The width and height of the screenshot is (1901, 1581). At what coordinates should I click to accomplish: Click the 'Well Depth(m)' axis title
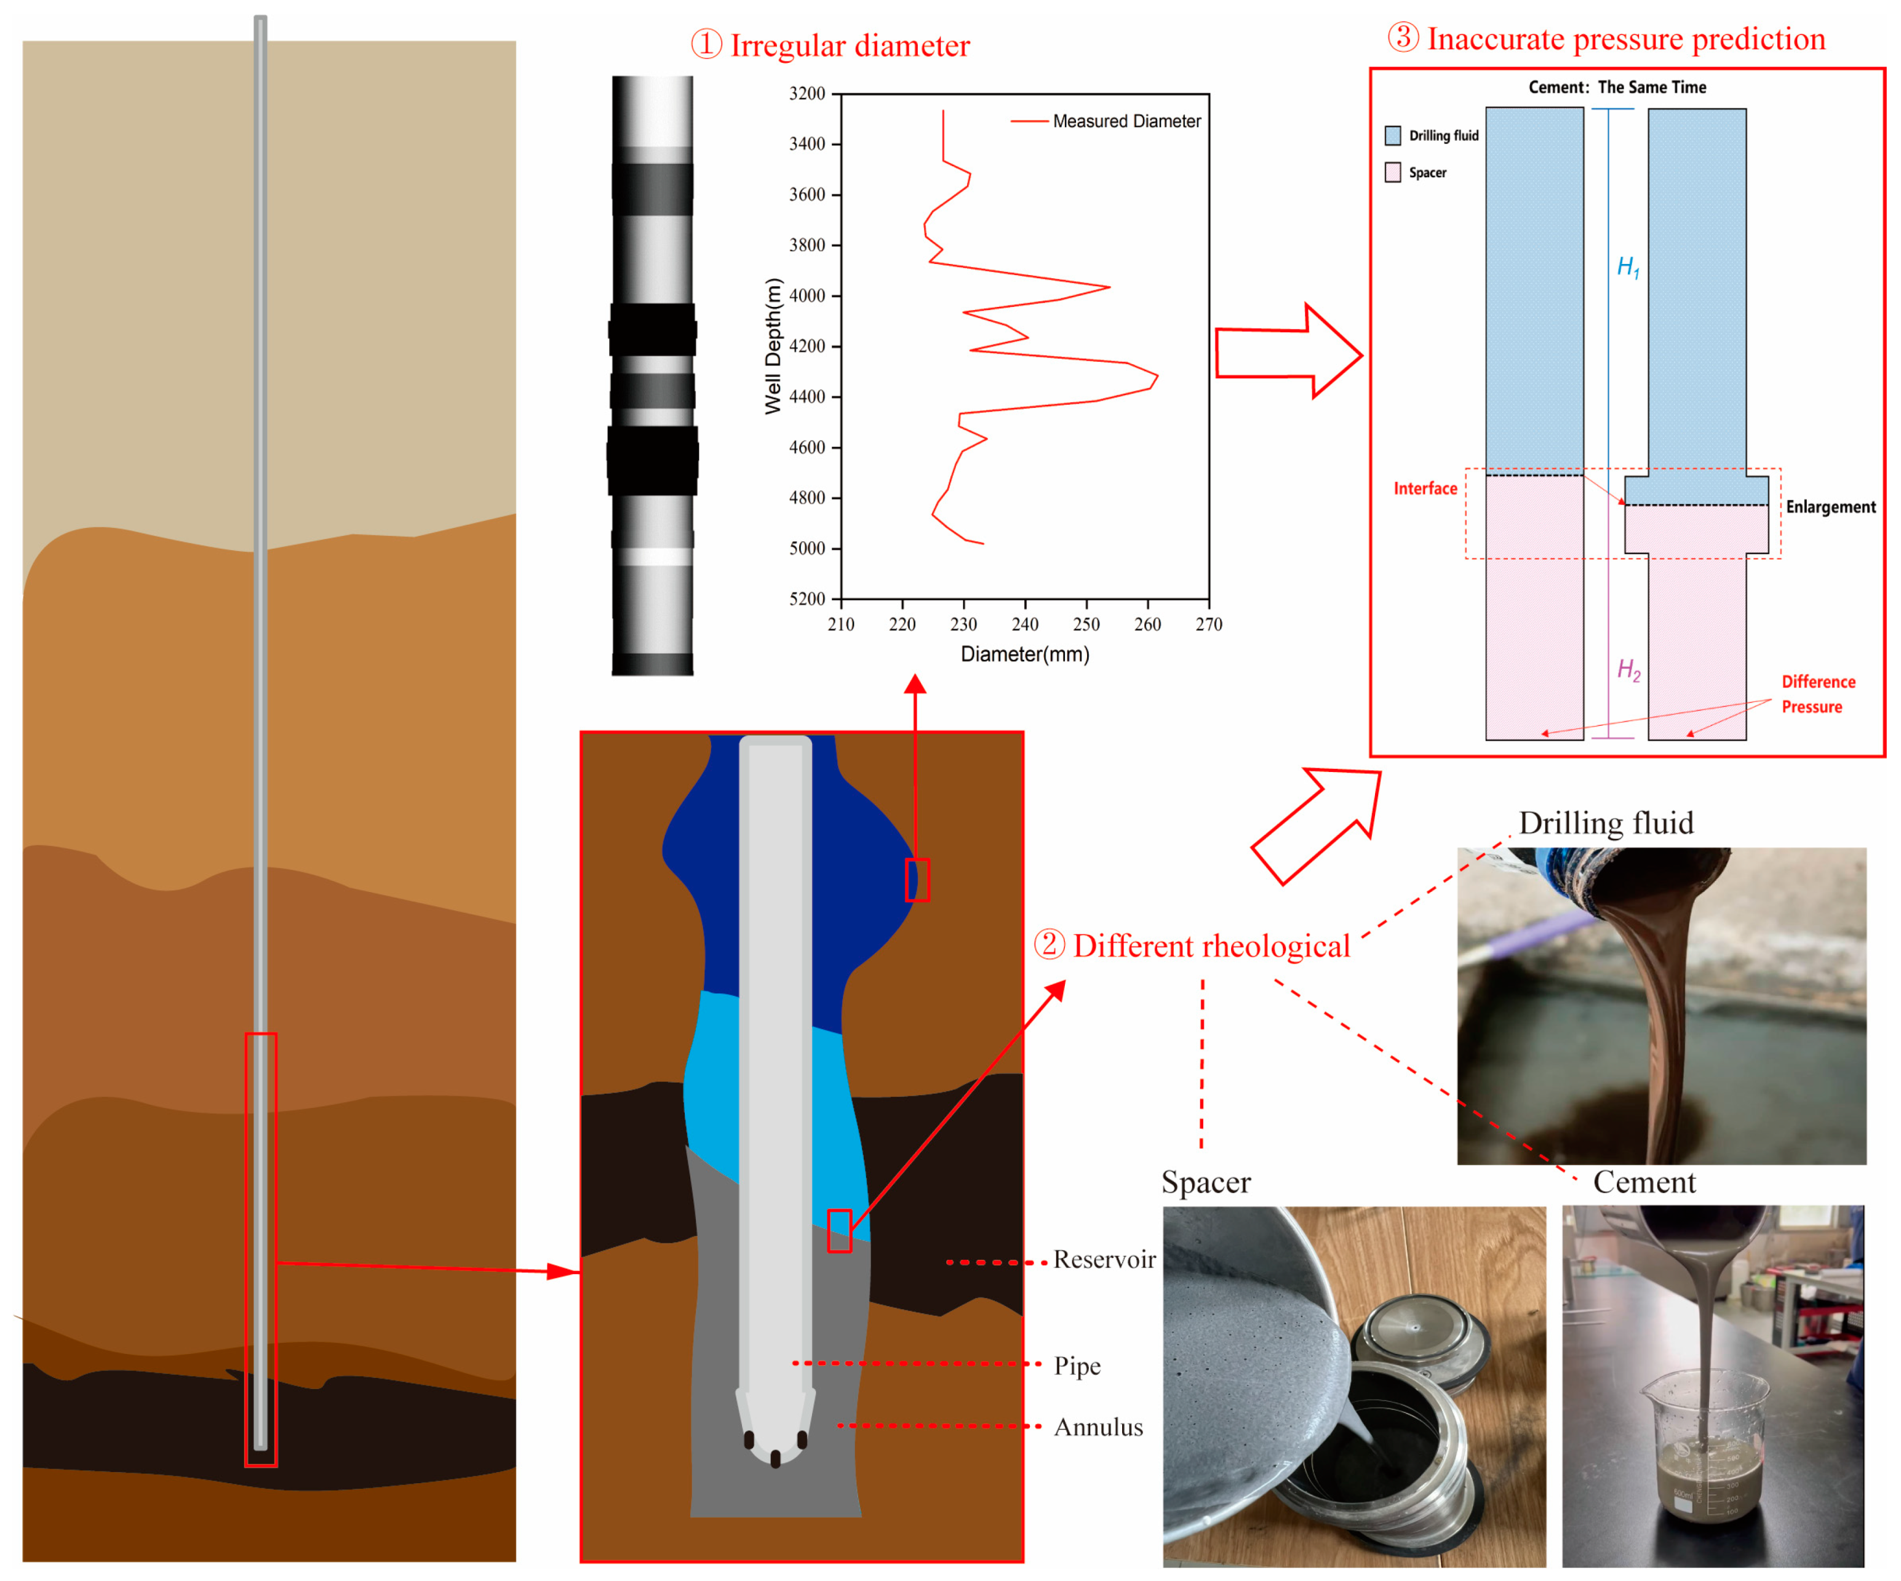tap(772, 346)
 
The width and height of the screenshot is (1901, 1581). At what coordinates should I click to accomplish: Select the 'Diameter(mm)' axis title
tap(1025, 655)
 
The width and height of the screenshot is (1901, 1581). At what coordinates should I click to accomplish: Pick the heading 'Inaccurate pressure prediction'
tap(1625, 39)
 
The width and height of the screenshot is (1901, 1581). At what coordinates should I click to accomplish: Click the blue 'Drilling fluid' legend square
tap(1392, 136)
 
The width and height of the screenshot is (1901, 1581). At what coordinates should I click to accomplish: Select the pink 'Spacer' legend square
tap(1392, 172)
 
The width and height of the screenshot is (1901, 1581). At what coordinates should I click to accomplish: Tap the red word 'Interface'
tap(1425, 488)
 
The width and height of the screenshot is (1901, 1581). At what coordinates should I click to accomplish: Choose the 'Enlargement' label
tap(1830, 507)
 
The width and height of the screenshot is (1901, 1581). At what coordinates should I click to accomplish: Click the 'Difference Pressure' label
tap(1818, 694)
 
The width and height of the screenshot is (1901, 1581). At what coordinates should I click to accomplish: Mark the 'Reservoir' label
tap(1104, 1260)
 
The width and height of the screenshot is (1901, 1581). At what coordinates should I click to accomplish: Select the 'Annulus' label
tap(1098, 1427)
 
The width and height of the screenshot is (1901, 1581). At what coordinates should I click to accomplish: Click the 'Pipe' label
tap(1077, 1366)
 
